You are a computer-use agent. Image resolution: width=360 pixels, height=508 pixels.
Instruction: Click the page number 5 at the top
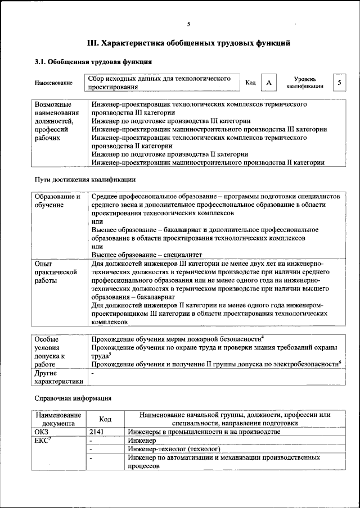[x=188, y=24]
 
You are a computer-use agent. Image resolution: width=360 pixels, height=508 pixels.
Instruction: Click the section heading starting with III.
[x=188, y=42]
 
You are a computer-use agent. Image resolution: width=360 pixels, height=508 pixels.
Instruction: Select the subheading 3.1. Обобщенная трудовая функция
[x=92, y=62]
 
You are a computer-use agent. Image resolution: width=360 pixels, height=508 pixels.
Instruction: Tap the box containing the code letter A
[x=269, y=83]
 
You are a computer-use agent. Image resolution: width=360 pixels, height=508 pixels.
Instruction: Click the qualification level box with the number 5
[x=339, y=83]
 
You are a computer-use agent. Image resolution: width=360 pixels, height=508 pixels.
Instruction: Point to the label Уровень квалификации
[x=304, y=83]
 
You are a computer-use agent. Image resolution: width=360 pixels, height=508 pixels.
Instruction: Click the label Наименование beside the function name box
[x=53, y=83]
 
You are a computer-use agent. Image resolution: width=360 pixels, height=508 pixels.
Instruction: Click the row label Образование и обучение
[x=57, y=201]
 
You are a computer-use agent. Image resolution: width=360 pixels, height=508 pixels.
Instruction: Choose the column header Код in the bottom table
[x=105, y=419]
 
